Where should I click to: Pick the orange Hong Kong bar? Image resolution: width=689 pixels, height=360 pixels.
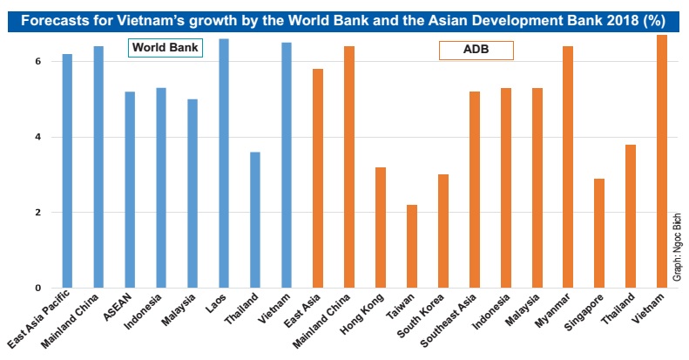[381, 228]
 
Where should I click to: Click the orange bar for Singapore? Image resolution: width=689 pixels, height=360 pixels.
[600, 233]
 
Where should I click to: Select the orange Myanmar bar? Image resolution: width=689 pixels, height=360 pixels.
[569, 166]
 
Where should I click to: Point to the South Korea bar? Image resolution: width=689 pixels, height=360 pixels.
[443, 231]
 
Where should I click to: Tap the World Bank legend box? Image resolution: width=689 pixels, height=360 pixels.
[165, 47]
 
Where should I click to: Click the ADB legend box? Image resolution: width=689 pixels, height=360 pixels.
[476, 51]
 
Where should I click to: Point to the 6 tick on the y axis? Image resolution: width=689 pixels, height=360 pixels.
[38, 62]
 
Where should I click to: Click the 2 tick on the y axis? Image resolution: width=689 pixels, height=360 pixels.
[38, 213]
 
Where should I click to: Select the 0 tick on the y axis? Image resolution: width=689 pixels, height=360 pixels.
[38, 288]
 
